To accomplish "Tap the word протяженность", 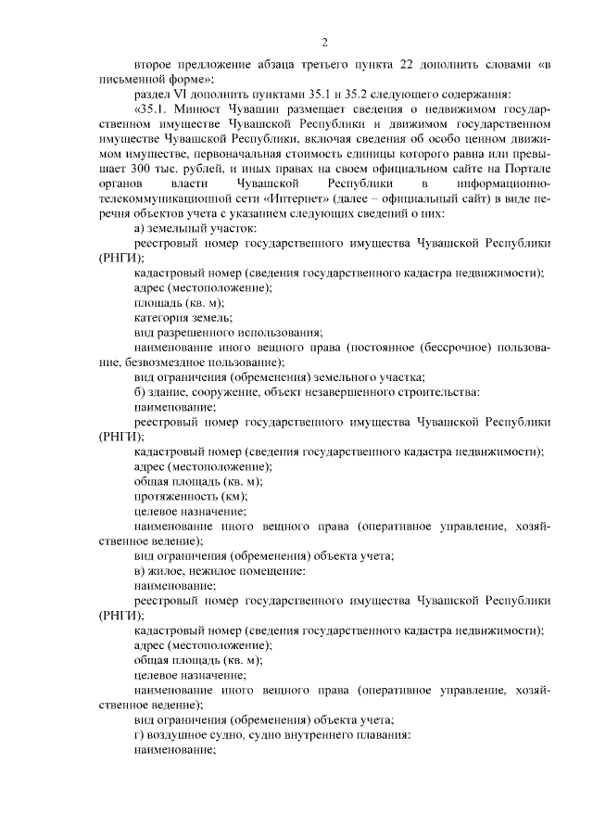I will point(172,497).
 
